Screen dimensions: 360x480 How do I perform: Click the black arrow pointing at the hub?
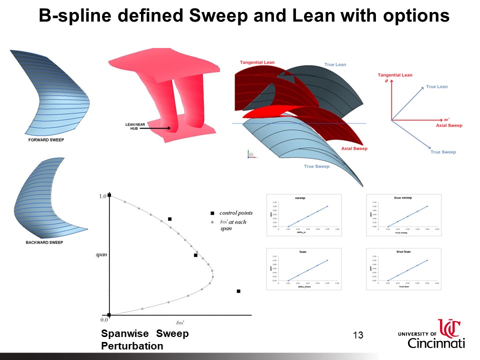click(155, 128)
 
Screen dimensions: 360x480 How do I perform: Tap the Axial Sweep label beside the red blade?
click(354, 148)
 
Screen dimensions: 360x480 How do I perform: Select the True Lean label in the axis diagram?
click(437, 86)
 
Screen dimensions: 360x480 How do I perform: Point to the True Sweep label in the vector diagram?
click(442, 152)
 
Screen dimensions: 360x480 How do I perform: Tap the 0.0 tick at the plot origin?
click(104, 319)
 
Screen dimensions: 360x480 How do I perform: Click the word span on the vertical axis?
click(101, 255)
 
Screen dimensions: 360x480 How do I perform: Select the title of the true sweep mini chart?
click(403, 198)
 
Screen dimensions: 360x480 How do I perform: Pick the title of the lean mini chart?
click(302, 252)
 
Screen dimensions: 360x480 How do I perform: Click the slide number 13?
click(357, 335)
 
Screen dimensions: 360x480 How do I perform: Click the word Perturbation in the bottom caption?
click(132, 346)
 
